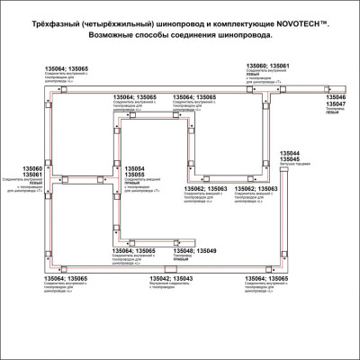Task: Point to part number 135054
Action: point(136,169)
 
